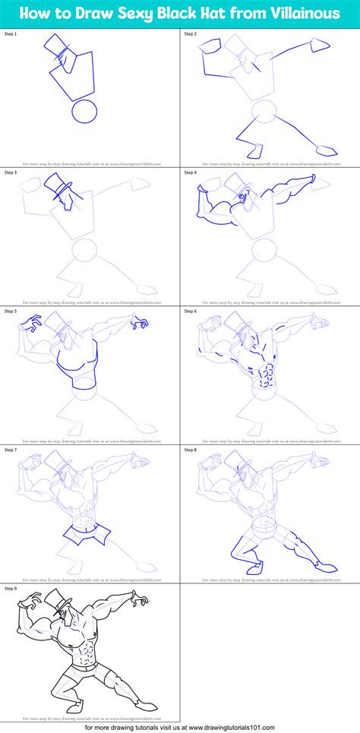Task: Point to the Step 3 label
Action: tap(11, 172)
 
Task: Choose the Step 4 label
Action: tap(190, 172)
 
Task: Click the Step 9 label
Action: tap(11, 588)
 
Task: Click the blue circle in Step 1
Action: tap(84, 113)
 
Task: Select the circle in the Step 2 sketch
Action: tap(264, 113)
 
